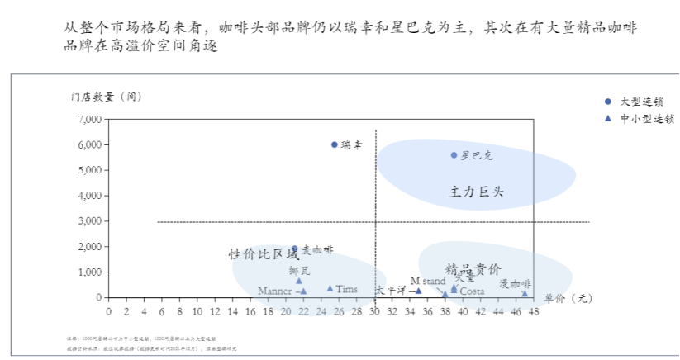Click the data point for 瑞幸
point(335,144)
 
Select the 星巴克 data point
point(454,155)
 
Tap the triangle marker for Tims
point(330,288)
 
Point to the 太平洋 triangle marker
point(418,290)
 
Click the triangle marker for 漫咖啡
point(525,293)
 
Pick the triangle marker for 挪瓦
point(299,281)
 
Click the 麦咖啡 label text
point(317,249)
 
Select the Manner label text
point(274,291)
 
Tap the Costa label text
point(472,291)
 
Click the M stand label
point(427,281)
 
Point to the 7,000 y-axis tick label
point(87,120)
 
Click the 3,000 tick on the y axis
point(87,221)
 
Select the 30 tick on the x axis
point(374,311)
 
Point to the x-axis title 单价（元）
point(568,298)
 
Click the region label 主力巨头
point(476,192)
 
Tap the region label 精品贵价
point(473,269)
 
